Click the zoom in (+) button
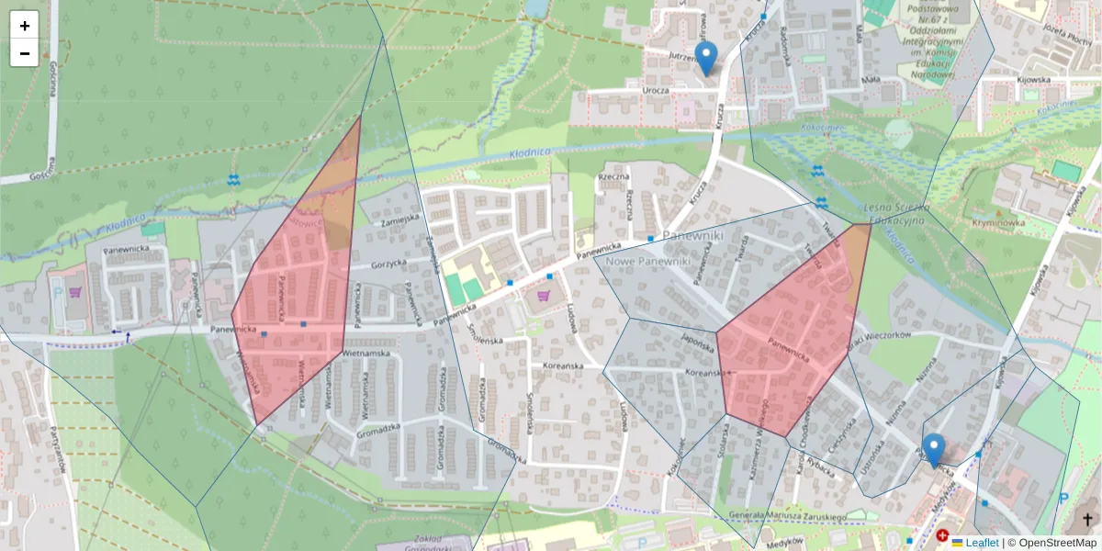[x=25, y=26]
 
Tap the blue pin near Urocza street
[x=705, y=58]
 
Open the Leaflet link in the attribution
[x=981, y=543]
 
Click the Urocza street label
[x=656, y=92]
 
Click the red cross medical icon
[x=942, y=534]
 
